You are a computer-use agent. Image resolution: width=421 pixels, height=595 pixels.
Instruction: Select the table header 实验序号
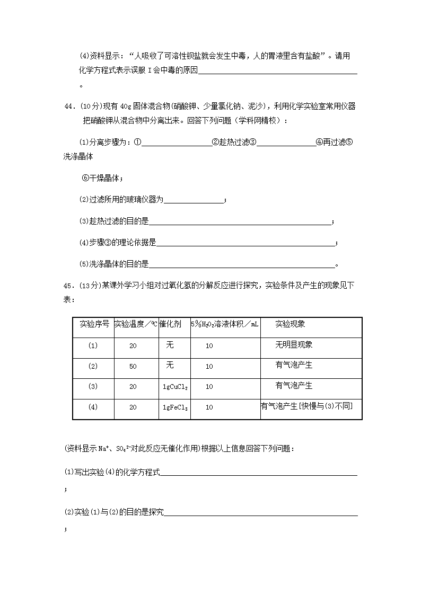pyautogui.click(x=94, y=324)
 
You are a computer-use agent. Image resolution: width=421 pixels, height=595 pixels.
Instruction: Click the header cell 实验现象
pyautogui.click(x=290, y=324)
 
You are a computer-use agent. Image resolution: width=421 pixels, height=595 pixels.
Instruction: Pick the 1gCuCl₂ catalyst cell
pyautogui.click(x=175, y=387)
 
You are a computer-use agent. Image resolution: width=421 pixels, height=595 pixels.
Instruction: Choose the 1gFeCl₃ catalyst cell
pyautogui.click(x=175, y=407)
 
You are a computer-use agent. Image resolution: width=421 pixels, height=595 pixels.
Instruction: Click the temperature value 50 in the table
pyautogui.click(x=133, y=366)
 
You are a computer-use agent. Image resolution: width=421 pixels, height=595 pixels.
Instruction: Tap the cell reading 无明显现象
pyautogui.click(x=294, y=345)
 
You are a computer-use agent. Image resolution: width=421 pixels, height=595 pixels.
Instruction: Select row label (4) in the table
pyautogui.click(x=93, y=407)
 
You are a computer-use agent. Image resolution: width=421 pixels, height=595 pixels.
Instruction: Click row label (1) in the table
pyautogui.click(x=93, y=345)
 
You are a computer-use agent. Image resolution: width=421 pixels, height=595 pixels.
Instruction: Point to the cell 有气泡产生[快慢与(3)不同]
pyautogui.click(x=306, y=406)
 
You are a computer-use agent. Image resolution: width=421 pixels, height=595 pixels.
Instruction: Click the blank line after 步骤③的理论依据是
pyautogui.click(x=246, y=244)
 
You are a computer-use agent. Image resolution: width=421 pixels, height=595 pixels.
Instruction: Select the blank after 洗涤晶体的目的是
pyautogui.click(x=242, y=265)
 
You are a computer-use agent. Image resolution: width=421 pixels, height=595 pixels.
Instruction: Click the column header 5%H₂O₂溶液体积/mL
pyautogui.click(x=225, y=324)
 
